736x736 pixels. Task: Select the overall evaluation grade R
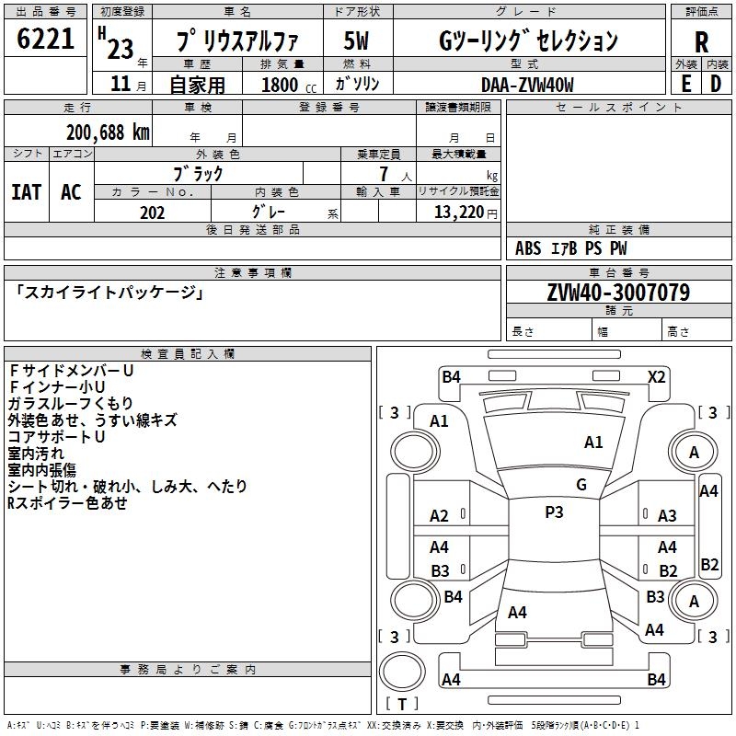coord(702,41)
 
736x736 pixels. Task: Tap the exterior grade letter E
coord(685,83)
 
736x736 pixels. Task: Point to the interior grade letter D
coord(716,83)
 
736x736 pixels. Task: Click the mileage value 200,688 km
coord(108,132)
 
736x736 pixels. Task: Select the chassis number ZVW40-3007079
coord(618,293)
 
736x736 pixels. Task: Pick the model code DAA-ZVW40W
coord(527,84)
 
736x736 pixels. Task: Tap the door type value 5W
coord(356,41)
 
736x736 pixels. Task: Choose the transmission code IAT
coord(26,191)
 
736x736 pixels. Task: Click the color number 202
coord(152,213)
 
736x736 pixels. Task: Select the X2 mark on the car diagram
coord(656,376)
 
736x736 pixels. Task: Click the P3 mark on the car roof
coord(554,512)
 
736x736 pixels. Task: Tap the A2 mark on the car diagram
coord(439,516)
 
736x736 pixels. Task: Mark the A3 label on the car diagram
coord(667,516)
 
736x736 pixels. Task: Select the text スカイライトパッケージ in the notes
coord(108,293)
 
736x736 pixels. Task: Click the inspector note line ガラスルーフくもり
coord(70,403)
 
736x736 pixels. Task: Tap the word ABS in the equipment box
coord(528,248)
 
